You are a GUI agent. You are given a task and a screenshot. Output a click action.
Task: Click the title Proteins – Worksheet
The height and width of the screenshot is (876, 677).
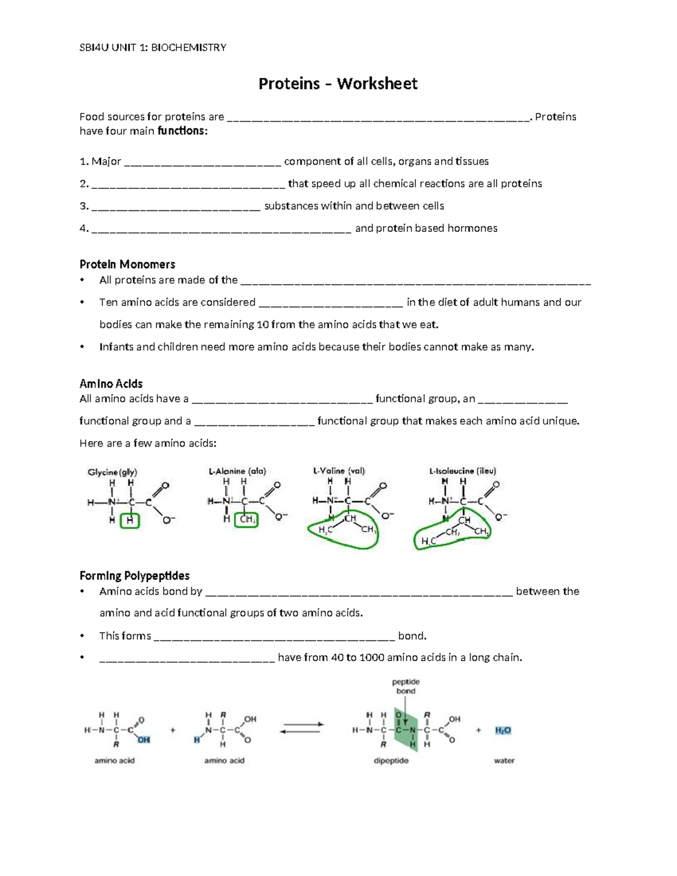click(x=337, y=84)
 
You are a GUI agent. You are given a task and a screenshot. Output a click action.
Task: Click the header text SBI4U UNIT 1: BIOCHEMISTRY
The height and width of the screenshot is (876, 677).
click(x=152, y=47)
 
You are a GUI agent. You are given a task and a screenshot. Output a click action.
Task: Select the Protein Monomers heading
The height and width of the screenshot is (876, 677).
click(x=127, y=264)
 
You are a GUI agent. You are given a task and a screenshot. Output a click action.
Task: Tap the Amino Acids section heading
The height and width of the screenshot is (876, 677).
click(x=111, y=384)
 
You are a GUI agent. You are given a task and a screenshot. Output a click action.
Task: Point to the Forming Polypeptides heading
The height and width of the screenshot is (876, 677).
click(x=134, y=575)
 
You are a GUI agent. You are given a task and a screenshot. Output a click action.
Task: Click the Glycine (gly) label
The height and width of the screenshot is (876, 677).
click(x=112, y=472)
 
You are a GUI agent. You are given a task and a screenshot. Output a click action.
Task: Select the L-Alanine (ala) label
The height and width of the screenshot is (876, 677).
click(x=237, y=471)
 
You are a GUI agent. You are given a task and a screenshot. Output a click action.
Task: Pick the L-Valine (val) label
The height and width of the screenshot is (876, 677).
click(x=339, y=470)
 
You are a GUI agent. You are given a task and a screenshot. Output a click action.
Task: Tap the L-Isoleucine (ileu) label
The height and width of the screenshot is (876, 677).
click(x=462, y=470)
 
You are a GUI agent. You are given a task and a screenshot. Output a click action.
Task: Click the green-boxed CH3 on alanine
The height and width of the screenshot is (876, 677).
click(x=248, y=520)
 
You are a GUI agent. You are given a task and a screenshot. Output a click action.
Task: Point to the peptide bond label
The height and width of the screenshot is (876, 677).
click(x=406, y=686)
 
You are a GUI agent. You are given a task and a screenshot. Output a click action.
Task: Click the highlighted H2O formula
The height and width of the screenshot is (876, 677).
click(x=503, y=730)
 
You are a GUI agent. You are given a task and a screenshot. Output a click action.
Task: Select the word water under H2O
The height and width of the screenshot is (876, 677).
click(x=504, y=760)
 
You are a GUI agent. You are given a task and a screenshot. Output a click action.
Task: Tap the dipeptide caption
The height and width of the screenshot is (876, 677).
click(x=391, y=760)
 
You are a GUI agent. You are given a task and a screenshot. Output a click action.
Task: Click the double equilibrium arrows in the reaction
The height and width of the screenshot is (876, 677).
click(x=302, y=728)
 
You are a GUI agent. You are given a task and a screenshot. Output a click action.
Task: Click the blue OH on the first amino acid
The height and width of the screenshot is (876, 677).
click(x=144, y=739)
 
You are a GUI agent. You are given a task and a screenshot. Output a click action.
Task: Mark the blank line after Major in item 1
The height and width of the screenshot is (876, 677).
click(x=202, y=164)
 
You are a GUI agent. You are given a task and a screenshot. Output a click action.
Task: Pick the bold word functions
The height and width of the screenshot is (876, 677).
click(x=182, y=131)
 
